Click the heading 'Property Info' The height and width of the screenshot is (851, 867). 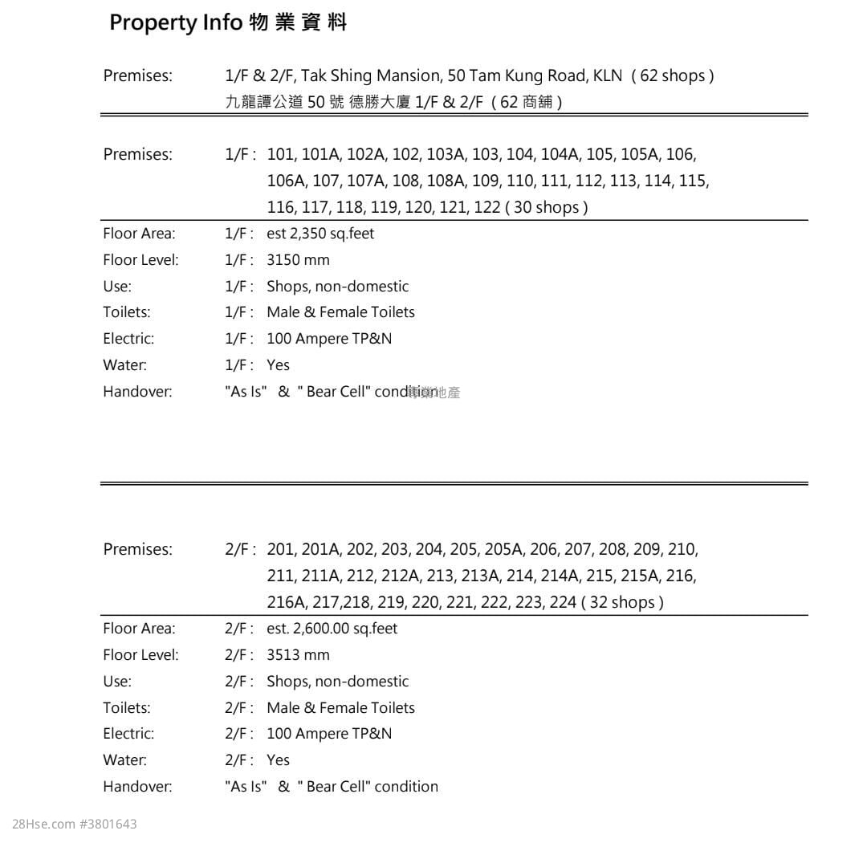(x=175, y=22)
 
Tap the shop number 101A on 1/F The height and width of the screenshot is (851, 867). (x=320, y=154)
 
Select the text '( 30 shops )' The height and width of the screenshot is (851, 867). (x=550, y=207)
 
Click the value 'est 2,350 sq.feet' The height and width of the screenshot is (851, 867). (x=320, y=234)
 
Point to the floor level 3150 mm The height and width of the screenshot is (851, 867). (x=298, y=260)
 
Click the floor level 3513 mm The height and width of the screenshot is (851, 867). (x=298, y=655)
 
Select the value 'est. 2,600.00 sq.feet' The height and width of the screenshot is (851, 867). (x=332, y=629)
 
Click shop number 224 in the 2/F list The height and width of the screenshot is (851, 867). (x=563, y=602)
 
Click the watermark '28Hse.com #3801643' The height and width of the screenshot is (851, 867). (x=75, y=825)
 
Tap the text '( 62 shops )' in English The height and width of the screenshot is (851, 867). (x=673, y=76)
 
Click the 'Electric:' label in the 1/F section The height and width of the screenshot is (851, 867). (x=128, y=339)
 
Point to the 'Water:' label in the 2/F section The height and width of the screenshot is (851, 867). (x=124, y=760)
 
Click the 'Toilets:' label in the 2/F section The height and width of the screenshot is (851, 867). (x=127, y=708)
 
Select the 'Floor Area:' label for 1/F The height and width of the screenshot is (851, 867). (x=139, y=234)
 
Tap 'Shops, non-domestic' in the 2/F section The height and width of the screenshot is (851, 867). (x=337, y=682)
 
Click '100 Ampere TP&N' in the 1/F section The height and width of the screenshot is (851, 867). (x=329, y=339)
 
